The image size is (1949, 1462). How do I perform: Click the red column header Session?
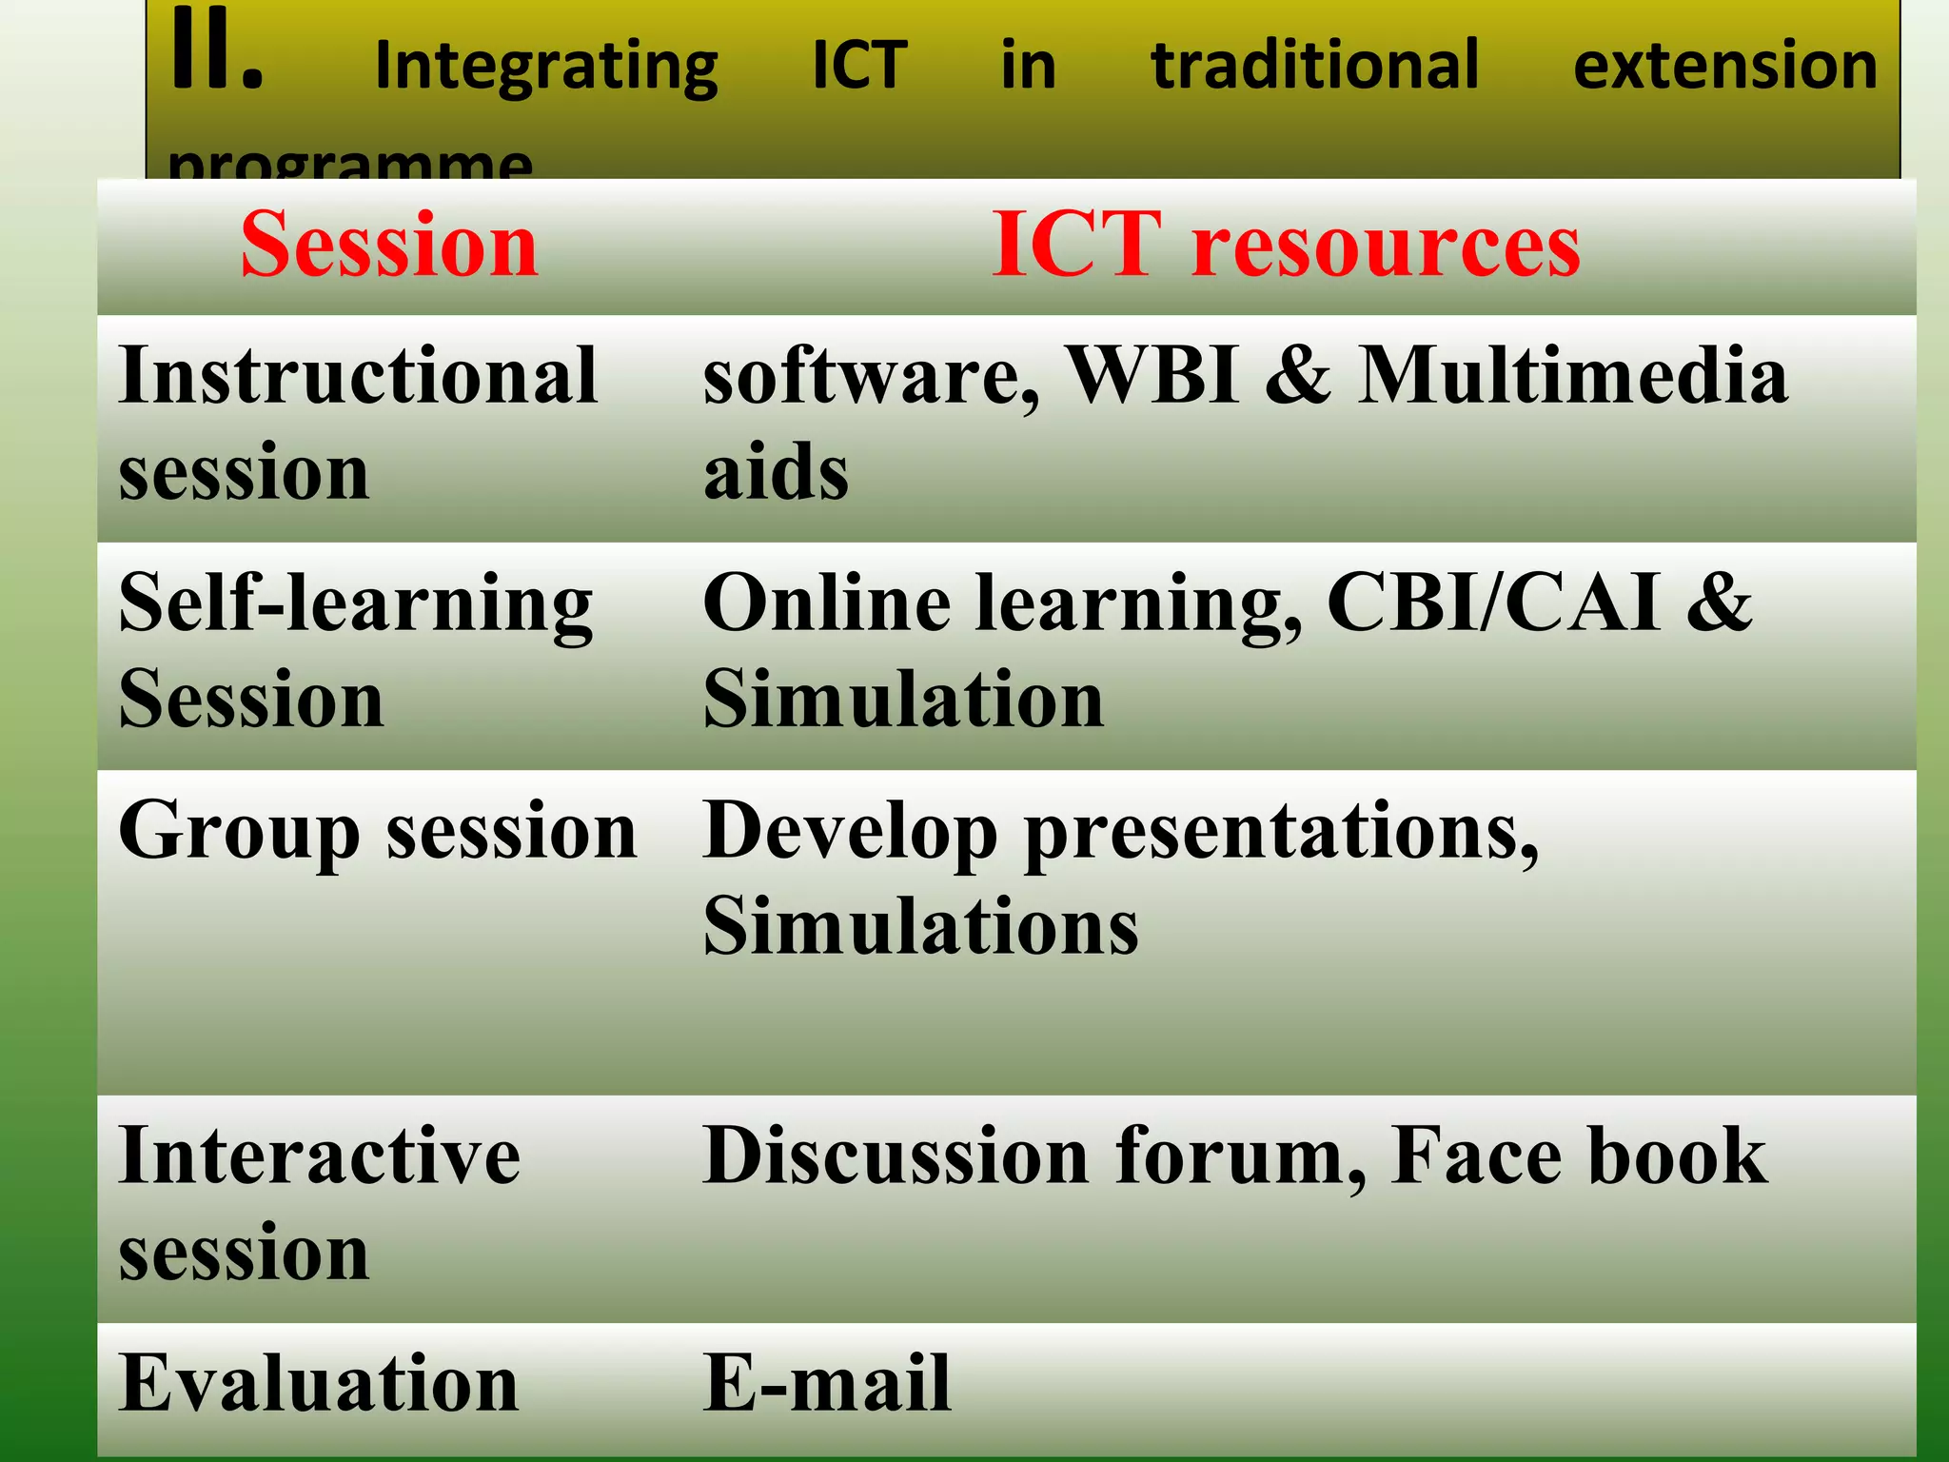[389, 246]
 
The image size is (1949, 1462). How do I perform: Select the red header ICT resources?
[1286, 246]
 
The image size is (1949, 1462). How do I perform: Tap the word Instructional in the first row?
[358, 376]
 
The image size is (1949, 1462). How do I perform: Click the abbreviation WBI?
[1152, 376]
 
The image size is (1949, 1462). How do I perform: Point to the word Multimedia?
[1572, 376]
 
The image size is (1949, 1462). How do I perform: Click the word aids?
[776, 472]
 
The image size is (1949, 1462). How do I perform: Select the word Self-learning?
[356, 606]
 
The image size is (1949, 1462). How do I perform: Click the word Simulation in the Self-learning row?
[903, 700]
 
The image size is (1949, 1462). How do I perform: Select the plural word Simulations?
[920, 927]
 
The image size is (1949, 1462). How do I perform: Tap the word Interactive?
[320, 1156]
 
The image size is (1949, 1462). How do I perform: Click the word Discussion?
[896, 1156]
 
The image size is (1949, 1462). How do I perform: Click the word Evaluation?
[319, 1384]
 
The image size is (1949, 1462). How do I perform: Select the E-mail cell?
[826, 1384]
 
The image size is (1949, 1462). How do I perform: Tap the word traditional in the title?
[1315, 66]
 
